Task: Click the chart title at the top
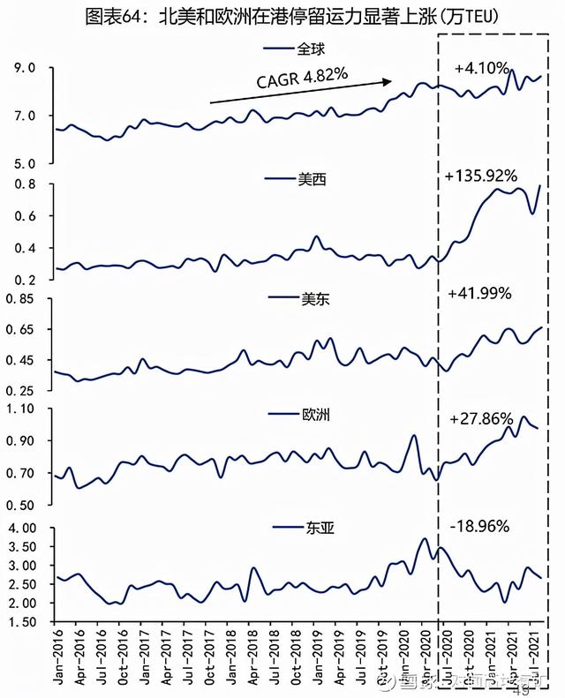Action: pyautogui.click(x=282, y=17)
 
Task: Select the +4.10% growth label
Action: pyautogui.click(x=480, y=67)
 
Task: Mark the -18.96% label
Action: pyautogui.click(x=479, y=527)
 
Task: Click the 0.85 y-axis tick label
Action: pyautogui.click(x=19, y=299)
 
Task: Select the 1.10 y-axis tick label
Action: pyautogui.click(x=19, y=409)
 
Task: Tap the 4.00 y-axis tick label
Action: pyautogui.click(x=19, y=528)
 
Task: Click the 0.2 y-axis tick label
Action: pyautogui.click(x=23, y=280)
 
